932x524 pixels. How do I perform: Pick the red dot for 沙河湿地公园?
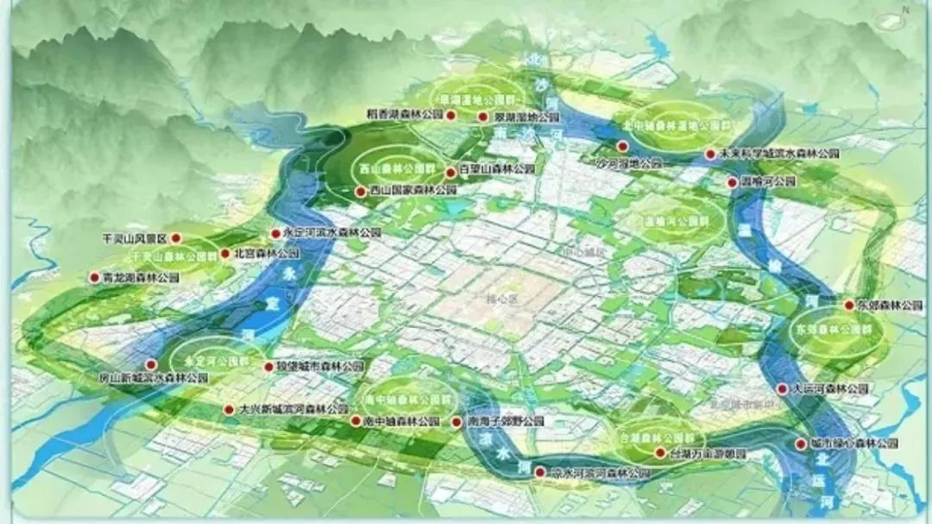click(x=622, y=147)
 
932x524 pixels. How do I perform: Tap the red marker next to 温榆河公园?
click(x=732, y=182)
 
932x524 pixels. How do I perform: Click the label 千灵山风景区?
click(x=133, y=237)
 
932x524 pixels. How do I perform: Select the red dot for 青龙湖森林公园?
click(x=95, y=278)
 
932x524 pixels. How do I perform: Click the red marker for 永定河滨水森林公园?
click(x=276, y=233)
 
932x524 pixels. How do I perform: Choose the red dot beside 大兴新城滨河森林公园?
click(x=229, y=409)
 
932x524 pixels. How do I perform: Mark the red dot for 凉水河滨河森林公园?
click(x=540, y=472)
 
